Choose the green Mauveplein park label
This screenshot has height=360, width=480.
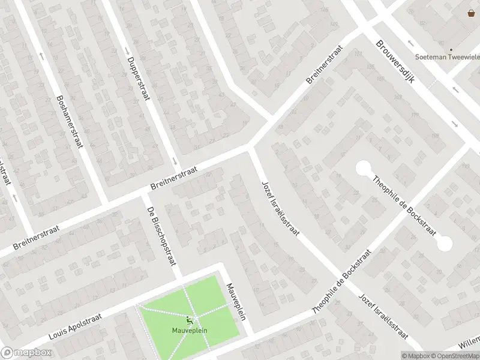tap(190, 330)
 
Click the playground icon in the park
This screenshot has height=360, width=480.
tap(190, 321)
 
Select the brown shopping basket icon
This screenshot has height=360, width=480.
tap(471, 13)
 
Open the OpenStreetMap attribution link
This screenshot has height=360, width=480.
tap(454, 356)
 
